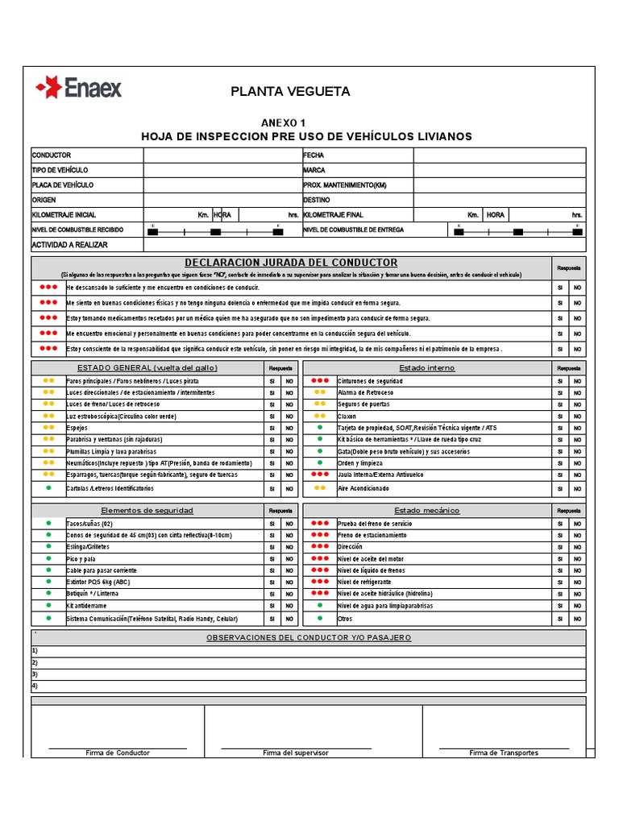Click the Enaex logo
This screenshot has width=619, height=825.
pyautogui.click(x=78, y=87)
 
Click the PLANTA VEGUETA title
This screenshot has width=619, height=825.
pyautogui.click(x=290, y=92)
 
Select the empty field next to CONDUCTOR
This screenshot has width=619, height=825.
pyautogui.click(x=222, y=155)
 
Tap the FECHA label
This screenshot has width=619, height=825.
pyautogui.click(x=314, y=155)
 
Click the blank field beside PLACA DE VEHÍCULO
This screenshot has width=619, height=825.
pyautogui.click(x=222, y=185)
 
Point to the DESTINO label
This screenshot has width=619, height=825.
pyautogui.click(x=317, y=200)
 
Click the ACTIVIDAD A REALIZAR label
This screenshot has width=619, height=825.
pyautogui.click(x=69, y=245)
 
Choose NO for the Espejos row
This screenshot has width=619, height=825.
pyautogui.click(x=288, y=428)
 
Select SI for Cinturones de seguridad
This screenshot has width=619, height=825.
pyautogui.click(x=560, y=380)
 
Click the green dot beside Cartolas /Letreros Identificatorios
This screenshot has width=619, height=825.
pyautogui.click(x=48, y=488)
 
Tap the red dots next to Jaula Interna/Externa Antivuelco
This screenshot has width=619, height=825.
pyautogui.click(x=320, y=475)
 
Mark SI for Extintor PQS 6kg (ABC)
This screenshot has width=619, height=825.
pyautogui.click(x=272, y=582)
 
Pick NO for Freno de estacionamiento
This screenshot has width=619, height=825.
pyautogui.click(x=577, y=535)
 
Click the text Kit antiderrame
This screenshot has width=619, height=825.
pyautogui.click(x=86, y=605)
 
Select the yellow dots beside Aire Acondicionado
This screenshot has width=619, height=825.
pyautogui.click(x=320, y=488)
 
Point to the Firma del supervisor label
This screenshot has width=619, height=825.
pyautogui.click(x=296, y=752)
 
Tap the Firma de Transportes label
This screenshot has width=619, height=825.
pyautogui.click(x=504, y=752)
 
